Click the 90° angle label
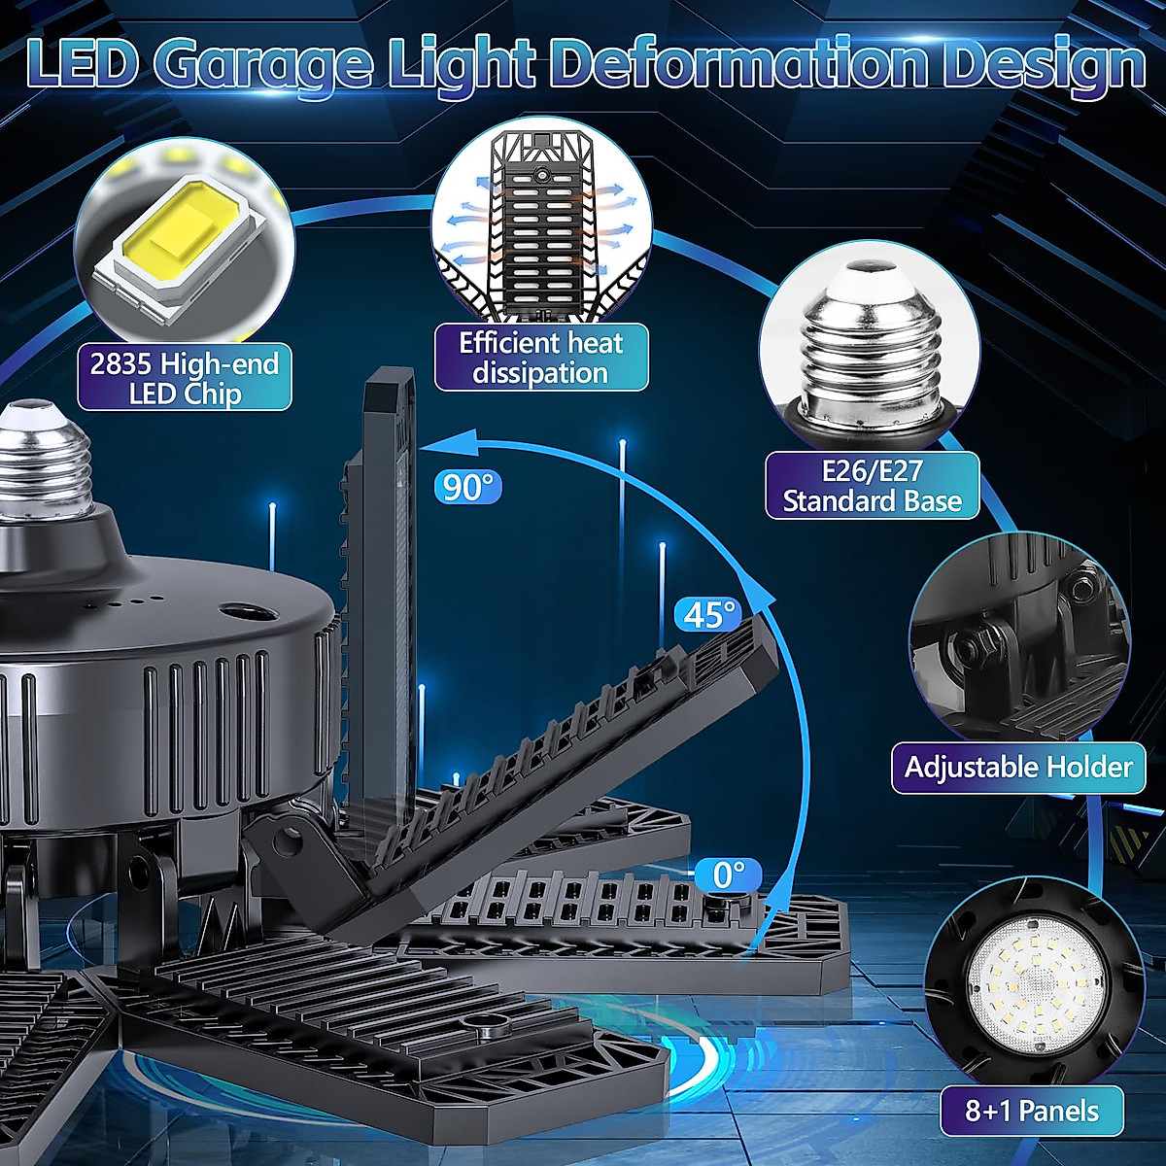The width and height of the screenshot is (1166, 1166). (x=468, y=485)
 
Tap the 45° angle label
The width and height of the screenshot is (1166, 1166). (x=708, y=615)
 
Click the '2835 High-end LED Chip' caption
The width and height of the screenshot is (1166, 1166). (x=185, y=379)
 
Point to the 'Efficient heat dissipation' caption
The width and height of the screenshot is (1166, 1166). (x=540, y=358)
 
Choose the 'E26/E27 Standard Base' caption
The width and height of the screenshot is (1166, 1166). (x=872, y=486)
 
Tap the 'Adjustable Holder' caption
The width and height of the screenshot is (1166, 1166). (x=1018, y=768)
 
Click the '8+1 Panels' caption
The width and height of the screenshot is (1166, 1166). (x=1031, y=1111)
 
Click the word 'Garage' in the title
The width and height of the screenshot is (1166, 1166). (x=263, y=63)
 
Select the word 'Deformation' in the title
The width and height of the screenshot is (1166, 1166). (x=744, y=63)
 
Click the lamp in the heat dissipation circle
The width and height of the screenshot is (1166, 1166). (x=540, y=223)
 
